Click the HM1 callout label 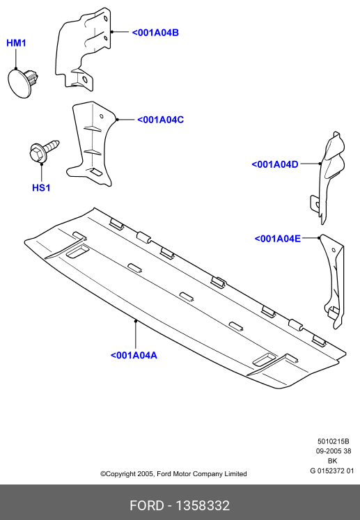tap(16, 43)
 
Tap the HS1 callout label tap(41, 188)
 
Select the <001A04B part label tap(155, 33)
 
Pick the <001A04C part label tap(160, 120)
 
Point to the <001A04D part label tap(275, 164)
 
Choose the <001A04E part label tap(277, 239)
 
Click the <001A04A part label tap(134, 355)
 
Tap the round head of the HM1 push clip tap(20, 83)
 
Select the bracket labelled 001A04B tap(83, 49)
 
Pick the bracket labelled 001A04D tap(327, 178)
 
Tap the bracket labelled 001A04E tap(334, 282)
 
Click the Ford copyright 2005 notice tap(173, 474)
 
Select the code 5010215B tap(333, 441)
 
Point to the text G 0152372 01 tap(332, 471)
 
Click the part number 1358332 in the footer tap(203, 506)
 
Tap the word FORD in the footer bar tap(147, 506)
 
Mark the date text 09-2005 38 tap(333, 451)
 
